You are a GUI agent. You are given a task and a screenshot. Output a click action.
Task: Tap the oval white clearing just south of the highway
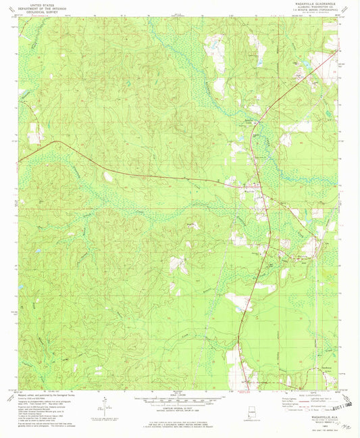(x=109, y=176)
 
